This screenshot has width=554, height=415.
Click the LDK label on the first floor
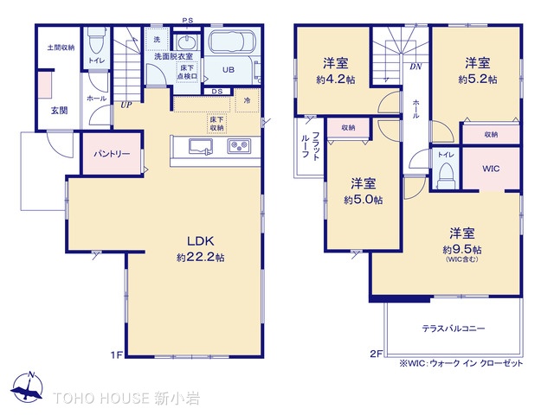pos(200,241)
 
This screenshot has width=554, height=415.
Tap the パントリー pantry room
pos(112,154)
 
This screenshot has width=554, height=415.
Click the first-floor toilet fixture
pos(95,41)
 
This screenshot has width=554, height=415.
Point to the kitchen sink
pos(201,146)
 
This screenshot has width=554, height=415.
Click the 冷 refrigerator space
pos(248,100)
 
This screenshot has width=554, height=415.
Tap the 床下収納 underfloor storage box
pos(216,124)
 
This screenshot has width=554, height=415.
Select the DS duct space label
pos(217,92)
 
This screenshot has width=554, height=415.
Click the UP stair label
pos(126,105)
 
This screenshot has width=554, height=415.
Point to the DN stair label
pos(415,67)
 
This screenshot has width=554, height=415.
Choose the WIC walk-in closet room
pos(491,169)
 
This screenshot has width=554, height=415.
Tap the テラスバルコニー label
pos(454,329)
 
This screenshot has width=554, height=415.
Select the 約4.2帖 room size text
pos(336,80)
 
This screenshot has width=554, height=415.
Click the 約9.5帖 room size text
pos(462,250)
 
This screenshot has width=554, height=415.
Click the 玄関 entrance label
pos(60,111)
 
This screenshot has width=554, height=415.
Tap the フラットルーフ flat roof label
pos(311,146)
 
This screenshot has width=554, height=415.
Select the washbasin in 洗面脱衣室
pos(186,43)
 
